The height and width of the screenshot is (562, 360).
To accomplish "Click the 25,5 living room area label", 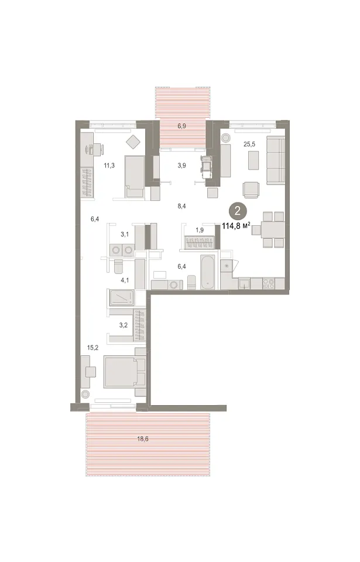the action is tap(249, 144).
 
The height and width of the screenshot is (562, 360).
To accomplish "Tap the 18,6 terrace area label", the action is tap(143, 438).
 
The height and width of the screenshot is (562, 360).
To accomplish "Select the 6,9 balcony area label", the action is tap(182, 126).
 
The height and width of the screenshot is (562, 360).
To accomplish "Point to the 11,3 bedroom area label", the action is tap(109, 165).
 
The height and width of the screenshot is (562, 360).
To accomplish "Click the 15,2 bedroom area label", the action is tap(92, 347).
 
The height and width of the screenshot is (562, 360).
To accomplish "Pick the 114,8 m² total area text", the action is tap(236, 226).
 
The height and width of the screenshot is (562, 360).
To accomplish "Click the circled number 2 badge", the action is tap(238, 211).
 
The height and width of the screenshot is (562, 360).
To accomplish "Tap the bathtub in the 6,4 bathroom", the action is tap(208, 272).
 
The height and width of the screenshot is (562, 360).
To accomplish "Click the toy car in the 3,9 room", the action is tap(206, 167).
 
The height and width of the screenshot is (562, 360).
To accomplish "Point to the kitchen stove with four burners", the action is tap(269, 283).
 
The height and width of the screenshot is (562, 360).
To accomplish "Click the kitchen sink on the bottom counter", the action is tap(245, 283).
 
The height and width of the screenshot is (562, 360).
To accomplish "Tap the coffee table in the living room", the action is tap(253, 160).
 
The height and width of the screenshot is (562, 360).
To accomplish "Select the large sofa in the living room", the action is tap(275, 160).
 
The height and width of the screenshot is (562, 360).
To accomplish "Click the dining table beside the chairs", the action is tap(273, 229).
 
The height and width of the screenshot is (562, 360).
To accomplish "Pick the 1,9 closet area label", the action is tap(200, 230).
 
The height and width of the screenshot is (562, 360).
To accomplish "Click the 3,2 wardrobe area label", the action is tap(124, 325).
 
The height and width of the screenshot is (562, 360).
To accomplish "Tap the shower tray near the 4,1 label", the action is tap(122, 297).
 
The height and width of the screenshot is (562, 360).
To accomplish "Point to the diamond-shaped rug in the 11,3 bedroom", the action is tap(133, 142).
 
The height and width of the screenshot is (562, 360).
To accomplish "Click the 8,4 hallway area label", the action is tap(182, 206).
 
